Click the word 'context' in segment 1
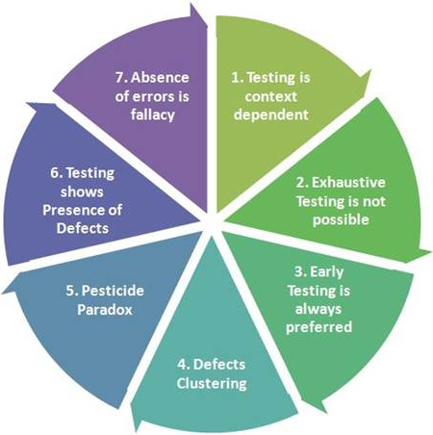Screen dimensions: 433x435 coord(271,96)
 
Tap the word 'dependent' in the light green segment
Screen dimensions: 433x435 coord(271,115)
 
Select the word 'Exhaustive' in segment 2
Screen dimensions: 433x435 coord(348,182)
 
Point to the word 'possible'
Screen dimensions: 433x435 coord(341,220)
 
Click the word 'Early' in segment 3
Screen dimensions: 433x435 coord(327,272)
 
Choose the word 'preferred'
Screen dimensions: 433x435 coord(318,327)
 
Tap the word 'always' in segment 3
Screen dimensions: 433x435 coord(318,310)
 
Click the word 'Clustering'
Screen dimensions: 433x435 coord(212,384)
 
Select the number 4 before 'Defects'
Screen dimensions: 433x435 coord(183,365)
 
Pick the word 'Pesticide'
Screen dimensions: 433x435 coord(113,291)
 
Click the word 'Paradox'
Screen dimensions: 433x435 coord(105,310)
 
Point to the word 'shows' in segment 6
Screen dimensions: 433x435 coord(82,192)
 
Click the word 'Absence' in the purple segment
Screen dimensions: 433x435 coord(160,78)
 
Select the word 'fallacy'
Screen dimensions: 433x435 coord(153,115)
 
